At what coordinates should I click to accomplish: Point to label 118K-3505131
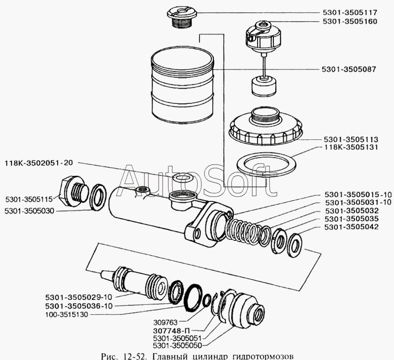coord(351,147)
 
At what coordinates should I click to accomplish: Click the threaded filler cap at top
coord(182,16)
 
